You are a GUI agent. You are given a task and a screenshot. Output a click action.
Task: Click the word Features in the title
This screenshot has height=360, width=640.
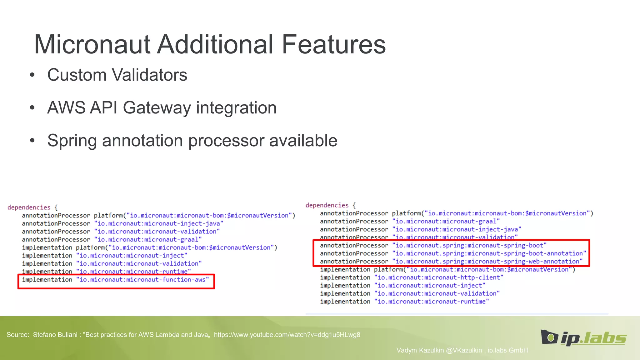(x=334, y=44)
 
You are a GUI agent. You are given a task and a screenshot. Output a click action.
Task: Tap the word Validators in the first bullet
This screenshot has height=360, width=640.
(x=149, y=75)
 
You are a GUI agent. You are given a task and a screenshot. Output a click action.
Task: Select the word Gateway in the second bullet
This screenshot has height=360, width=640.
(x=157, y=108)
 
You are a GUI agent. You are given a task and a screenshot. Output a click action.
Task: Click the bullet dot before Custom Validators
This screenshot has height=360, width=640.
(x=32, y=75)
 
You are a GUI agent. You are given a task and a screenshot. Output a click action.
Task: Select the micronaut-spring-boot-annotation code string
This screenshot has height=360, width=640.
(x=489, y=253)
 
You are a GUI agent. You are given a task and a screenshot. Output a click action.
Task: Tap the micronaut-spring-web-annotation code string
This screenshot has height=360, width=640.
(x=487, y=262)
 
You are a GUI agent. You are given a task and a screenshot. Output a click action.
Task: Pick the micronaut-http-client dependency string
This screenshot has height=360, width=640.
(x=439, y=277)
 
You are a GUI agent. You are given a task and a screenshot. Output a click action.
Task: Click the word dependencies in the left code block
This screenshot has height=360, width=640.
(x=29, y=207)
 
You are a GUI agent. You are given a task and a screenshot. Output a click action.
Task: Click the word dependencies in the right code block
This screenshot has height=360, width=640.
(x=327, y=205)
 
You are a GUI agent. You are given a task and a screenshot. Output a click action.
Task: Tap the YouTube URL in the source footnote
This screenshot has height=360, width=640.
(x=287, y=335)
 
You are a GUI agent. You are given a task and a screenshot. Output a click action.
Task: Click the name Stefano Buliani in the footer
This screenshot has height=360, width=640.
(x=55, y=335)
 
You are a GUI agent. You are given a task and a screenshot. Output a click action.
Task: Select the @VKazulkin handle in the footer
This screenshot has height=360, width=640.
(x=464, y=350)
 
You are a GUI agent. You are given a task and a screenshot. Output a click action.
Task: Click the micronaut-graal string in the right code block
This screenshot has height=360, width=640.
(x=446, y=222)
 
